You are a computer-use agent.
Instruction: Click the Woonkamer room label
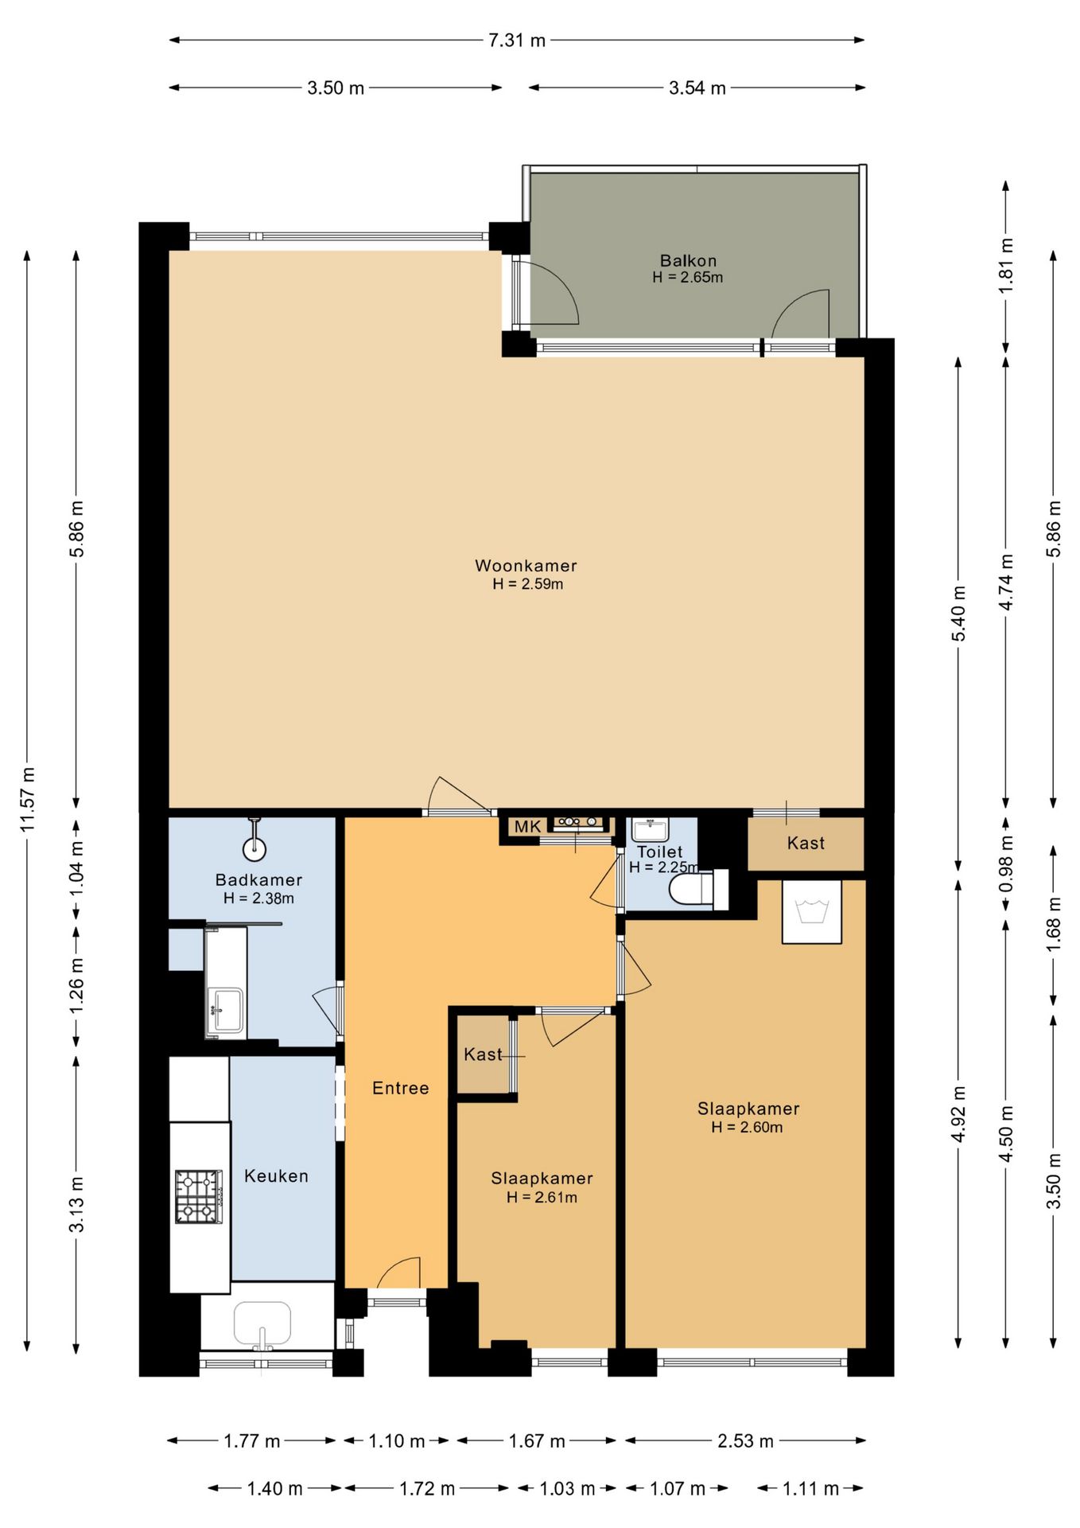coord(526,566)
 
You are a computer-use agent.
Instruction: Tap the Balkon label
coord(688,260)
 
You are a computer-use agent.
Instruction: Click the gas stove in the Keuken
coord(199,1196)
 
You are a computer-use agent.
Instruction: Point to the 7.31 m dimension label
coord(517,40)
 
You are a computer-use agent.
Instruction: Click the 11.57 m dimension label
coord(28,800)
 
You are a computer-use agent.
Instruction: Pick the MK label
coord(527,826)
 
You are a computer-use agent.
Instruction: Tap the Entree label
coord(401,1088)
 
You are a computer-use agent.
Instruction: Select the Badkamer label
coord(259,879)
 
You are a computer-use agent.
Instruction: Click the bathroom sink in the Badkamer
coord(225,1012)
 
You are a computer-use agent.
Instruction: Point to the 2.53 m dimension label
coord(745,1440)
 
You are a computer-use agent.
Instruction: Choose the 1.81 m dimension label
coord(1006,265)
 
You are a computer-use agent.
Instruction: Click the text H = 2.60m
coord(747,1127)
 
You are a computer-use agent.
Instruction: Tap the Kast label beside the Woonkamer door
coord(806,843)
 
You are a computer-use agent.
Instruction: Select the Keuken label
coord(276,1175)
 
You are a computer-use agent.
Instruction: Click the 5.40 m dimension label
coord(959,613)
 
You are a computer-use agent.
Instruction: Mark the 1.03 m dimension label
coord(567,1488)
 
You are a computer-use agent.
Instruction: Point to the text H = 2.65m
coord(688,277)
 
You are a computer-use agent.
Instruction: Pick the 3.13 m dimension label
coord(76,1203)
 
